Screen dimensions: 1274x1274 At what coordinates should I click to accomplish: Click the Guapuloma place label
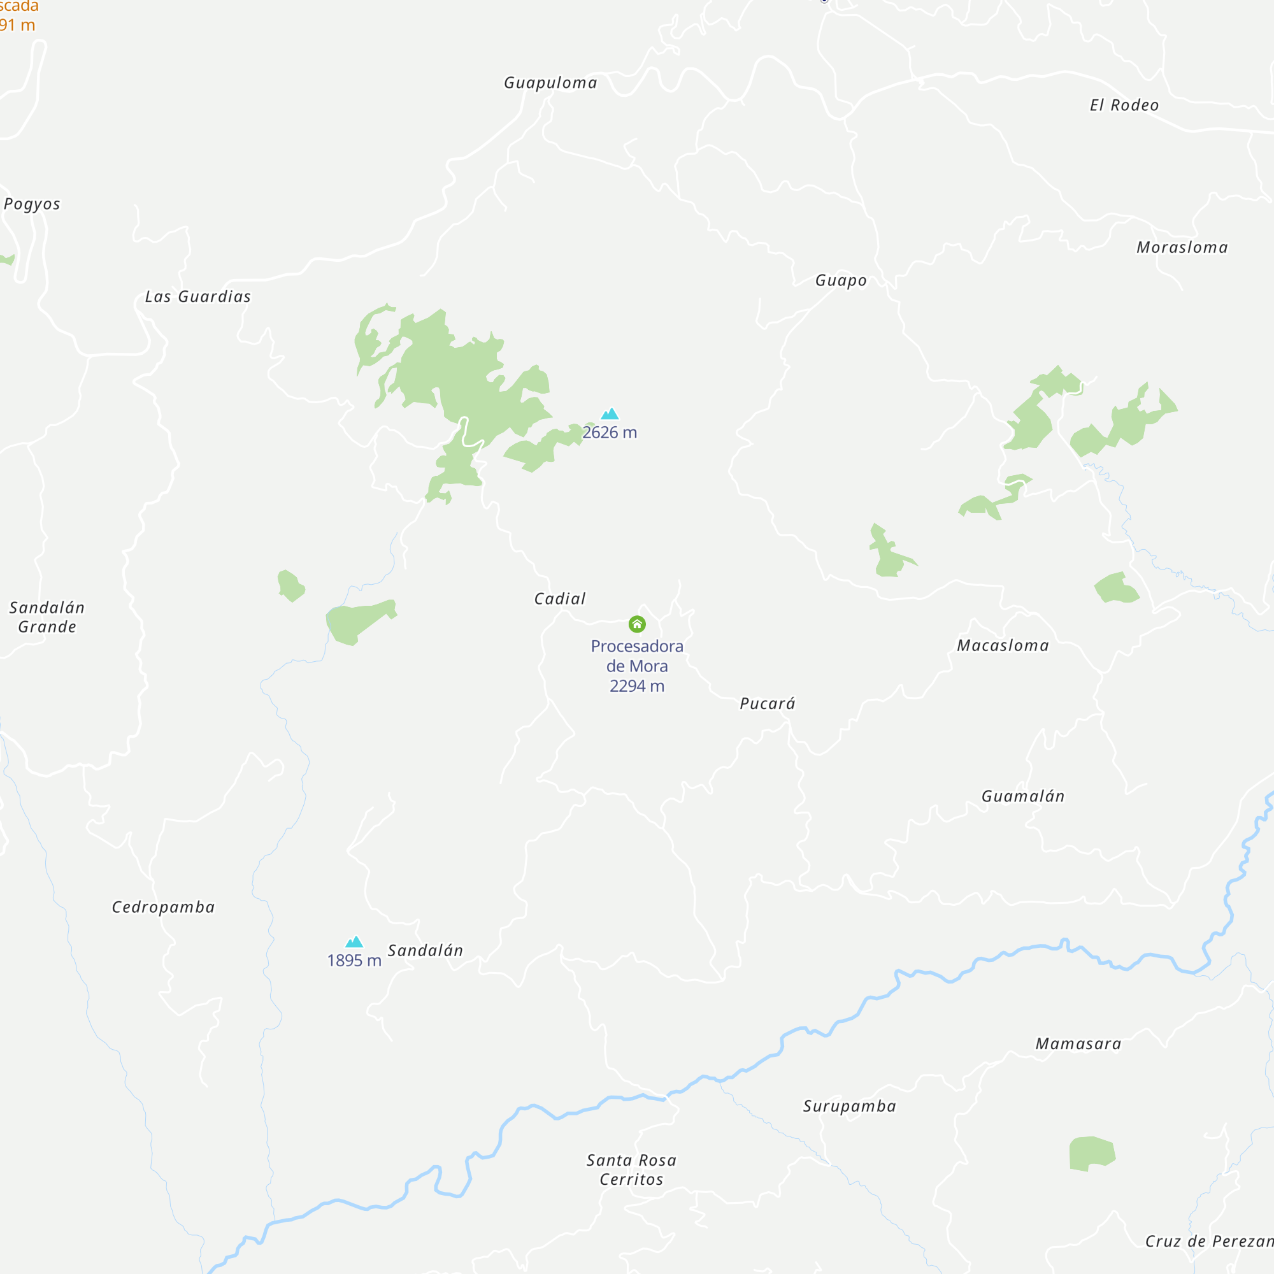click(550, 83)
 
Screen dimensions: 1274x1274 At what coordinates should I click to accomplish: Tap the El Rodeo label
click(1124, 106)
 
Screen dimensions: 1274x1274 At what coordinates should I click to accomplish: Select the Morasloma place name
click(1182, 248)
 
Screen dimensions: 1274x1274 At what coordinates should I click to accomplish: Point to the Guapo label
click(841, 281)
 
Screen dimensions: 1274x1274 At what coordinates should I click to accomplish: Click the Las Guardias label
click(198, 297)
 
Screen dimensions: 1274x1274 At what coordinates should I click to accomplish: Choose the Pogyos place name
click(32, 204)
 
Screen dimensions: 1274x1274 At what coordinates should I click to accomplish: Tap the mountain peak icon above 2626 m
click(610, 414)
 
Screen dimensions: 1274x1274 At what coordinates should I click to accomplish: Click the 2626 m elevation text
click(610, 433)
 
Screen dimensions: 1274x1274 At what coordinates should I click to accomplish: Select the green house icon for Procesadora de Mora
click(637, 624)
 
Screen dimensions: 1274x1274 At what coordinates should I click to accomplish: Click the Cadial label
click(559, 599)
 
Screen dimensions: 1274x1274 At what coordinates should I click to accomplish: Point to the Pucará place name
click(768, 704)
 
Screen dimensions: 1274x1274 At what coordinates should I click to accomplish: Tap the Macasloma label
click(1002, 645)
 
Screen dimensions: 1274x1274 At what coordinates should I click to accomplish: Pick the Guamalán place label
click(1023, 797)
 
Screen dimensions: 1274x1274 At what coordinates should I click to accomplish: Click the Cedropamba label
click(163, 907)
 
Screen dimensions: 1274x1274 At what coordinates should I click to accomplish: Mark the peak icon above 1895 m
click(354, 941)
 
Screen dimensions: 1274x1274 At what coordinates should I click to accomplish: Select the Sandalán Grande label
click(47, 617)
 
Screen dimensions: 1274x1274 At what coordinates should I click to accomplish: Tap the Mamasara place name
click(1078, 1044)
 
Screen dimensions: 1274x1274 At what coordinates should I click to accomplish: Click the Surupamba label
click(849, 1106)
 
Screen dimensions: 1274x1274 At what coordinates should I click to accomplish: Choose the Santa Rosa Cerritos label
click(631, 1170)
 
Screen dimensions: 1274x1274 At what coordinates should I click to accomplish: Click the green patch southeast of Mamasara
click(1091, 1154)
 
